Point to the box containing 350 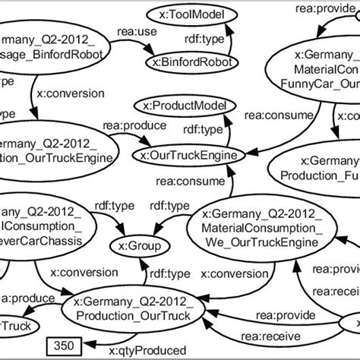(x=65, y=346)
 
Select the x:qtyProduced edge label (x=147, y=351)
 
